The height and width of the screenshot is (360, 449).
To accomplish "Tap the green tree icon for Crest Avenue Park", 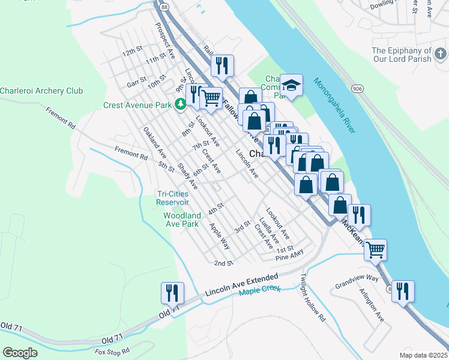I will click(x=179, y=105).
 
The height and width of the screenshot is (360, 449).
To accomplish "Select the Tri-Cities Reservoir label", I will click(x=173, y=198).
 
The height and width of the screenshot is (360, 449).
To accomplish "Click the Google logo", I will click(x=20, y=352).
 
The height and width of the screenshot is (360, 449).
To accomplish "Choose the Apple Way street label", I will click(x=219, y=236).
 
